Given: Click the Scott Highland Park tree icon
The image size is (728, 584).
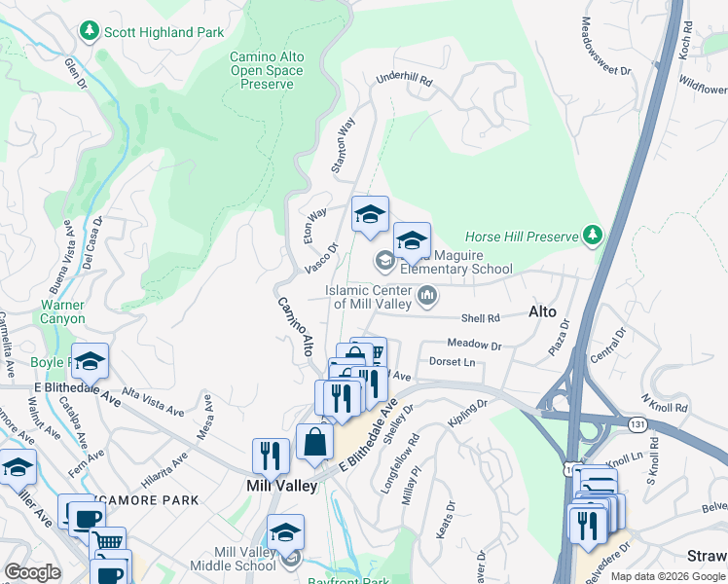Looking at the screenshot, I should tap(91, 32).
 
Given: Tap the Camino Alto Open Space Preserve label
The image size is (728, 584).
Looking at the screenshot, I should tap(266, 70).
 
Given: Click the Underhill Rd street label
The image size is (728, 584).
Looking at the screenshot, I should tap(403, 81).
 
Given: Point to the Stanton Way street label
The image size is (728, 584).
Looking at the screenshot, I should tap(343, 146).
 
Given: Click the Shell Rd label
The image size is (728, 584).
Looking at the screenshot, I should tap(480, 318).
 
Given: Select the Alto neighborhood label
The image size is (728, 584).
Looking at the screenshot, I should tap(542, 312).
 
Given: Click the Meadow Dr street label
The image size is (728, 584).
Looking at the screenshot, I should tap(474, 345).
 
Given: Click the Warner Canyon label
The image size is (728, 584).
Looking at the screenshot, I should tap(62, 311).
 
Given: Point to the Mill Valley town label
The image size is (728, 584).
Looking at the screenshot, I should tap(280, 486).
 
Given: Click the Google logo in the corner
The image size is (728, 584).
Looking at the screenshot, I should tap(32, 572).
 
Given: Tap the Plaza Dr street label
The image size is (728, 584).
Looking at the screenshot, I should tap(559, 341).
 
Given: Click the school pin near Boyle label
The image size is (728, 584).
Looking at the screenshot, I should tap(91, 360).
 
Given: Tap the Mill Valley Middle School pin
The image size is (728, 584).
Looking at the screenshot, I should tap(285, 532).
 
